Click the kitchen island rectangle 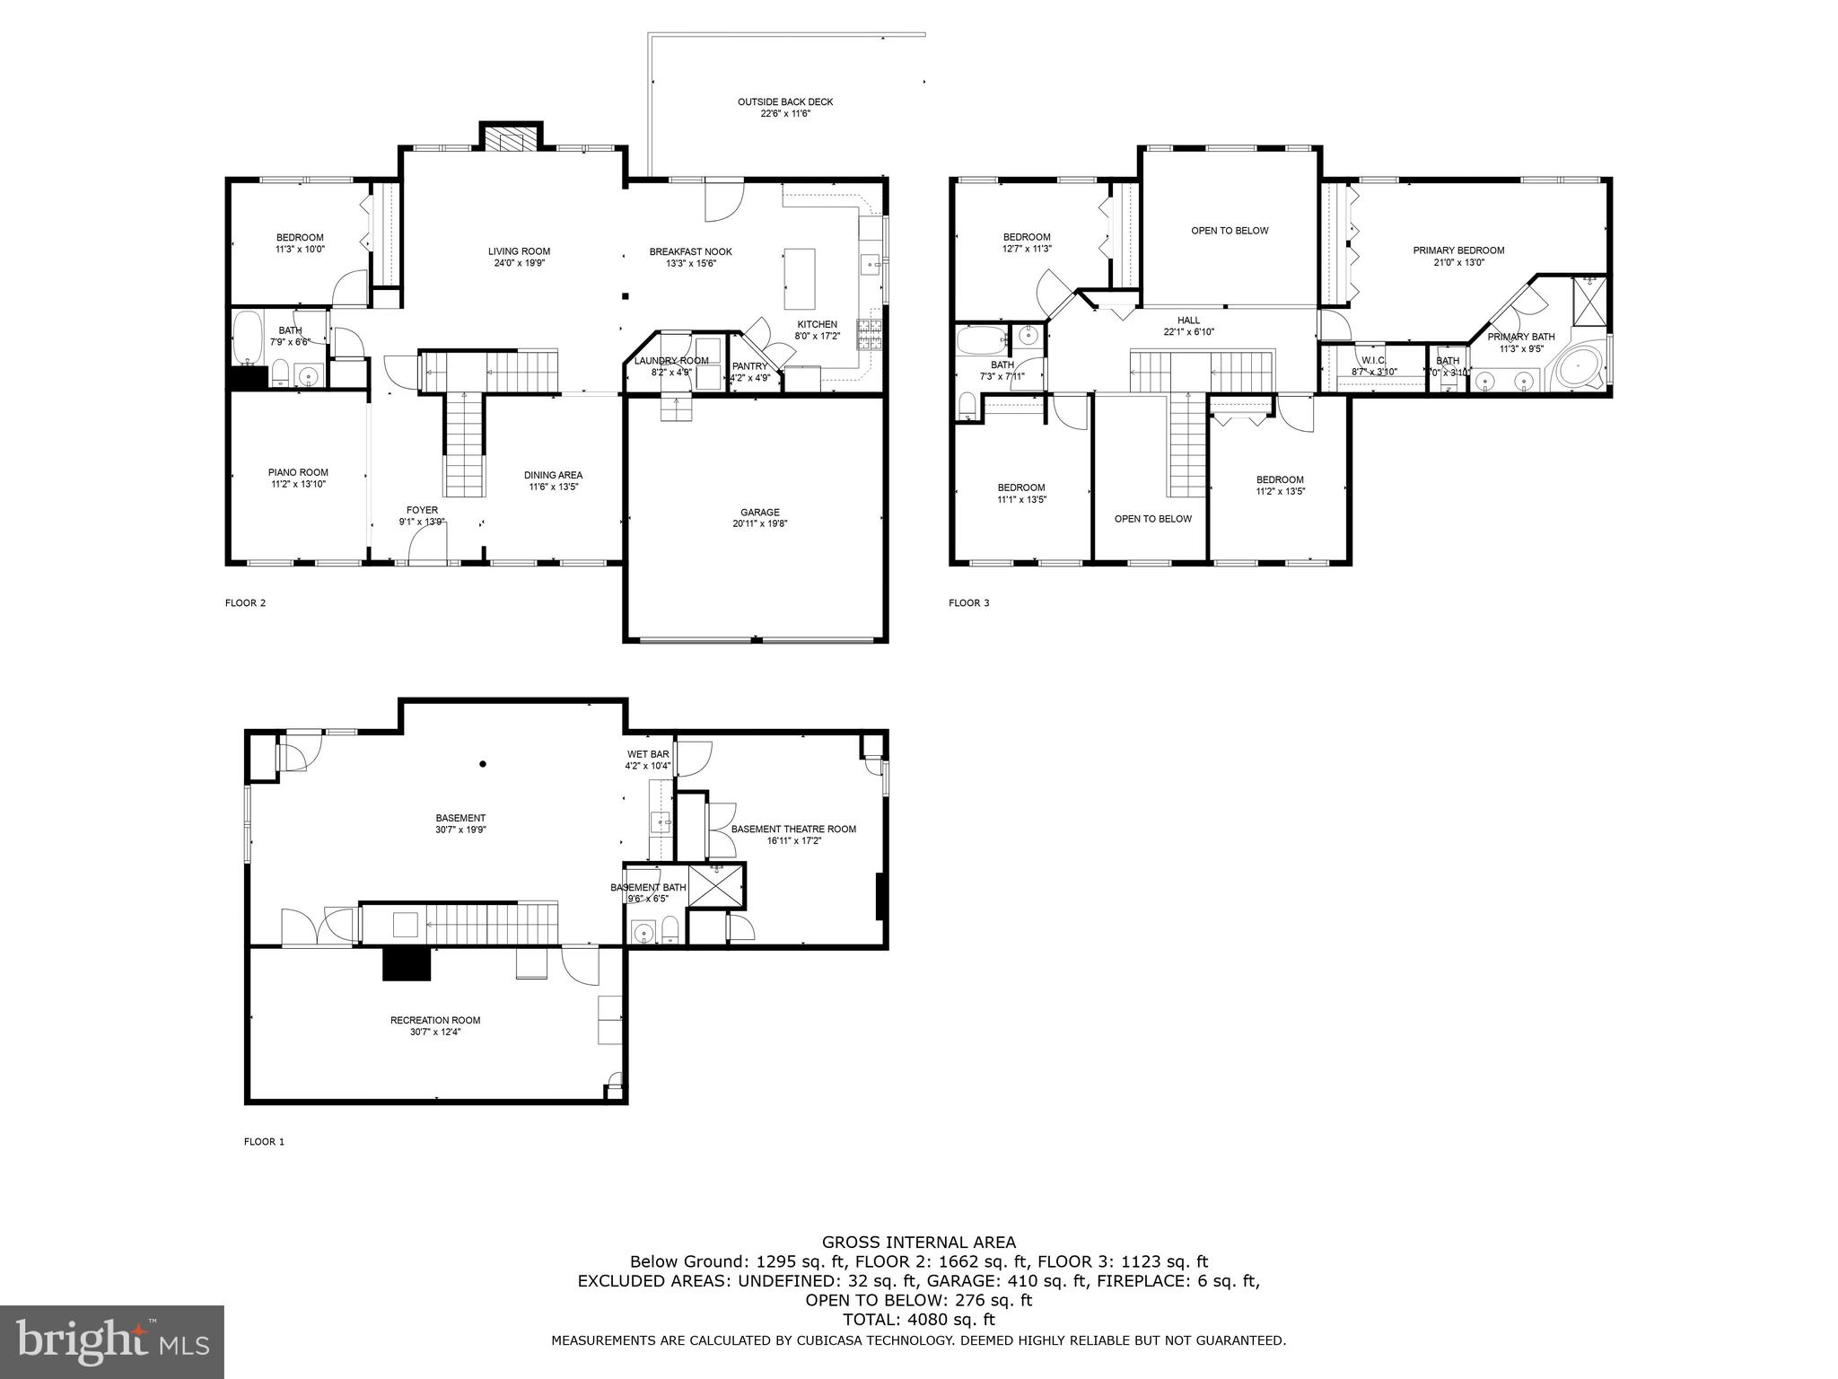pos(799,278)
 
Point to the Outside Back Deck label pos(785,108)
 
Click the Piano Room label pos(298,478)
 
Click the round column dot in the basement pos(483,764)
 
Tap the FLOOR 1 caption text pos(264,1142)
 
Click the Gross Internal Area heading pos(919,1243)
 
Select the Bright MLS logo pos(111,1341)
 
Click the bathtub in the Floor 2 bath pos(246,337)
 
